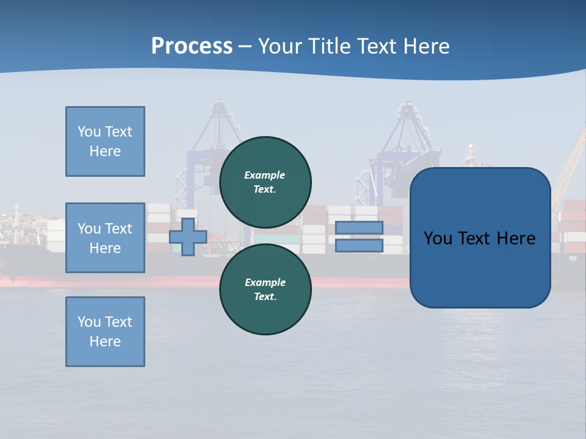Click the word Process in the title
[x=192, y=46]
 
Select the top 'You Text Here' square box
[x=105, y=141]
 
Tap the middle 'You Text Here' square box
[x=105, y=238]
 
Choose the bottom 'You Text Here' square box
[x=105, y=332]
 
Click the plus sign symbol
[x=187, y=237]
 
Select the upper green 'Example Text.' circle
[x=266, y=182]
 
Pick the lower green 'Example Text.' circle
[x=266, y=289]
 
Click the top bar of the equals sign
[x=359, y=228]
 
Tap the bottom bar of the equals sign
[x=359, y=246]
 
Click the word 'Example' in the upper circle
[x=264, y=175]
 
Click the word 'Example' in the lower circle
[x=264, y=282]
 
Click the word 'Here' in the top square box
[x=105, y=151]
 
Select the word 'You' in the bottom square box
[x=89, y=322]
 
